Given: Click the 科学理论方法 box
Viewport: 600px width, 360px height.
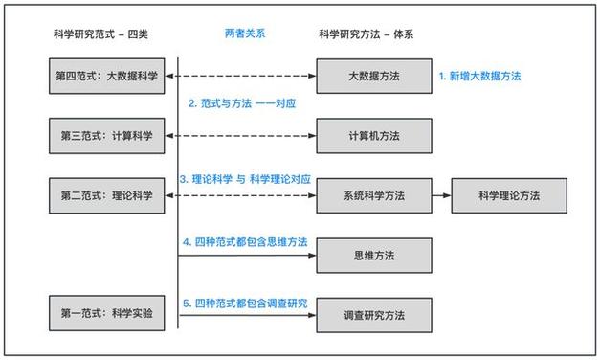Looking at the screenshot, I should tap(509, 194).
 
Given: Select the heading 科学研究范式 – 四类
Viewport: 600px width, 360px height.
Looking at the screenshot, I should tap(100, 34).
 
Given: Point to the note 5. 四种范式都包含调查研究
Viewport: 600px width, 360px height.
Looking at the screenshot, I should tap(246, 303).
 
